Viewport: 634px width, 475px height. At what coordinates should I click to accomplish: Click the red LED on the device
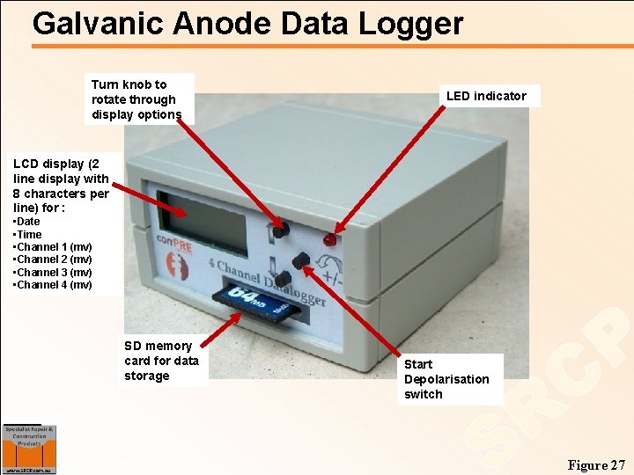[x=329, y=239]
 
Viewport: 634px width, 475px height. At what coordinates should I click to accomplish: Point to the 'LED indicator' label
[x=486, y=96]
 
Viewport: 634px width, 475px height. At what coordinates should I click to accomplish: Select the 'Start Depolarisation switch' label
[x=446, y=379]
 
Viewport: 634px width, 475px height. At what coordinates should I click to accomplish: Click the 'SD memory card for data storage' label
[x=161, y=361]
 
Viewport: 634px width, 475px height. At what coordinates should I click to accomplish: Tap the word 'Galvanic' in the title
[x=98, y=24]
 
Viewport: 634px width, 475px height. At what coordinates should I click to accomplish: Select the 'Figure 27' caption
[x=596, y=464]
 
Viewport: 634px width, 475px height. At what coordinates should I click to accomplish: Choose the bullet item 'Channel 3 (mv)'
[x=54, y=272]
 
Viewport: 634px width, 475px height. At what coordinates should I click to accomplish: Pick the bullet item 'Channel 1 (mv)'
[x=54, y=247]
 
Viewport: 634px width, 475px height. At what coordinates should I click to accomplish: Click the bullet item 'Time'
[x=28, y=234]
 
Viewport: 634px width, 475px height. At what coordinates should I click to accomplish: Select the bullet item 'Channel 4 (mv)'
[x=54, y=284]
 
